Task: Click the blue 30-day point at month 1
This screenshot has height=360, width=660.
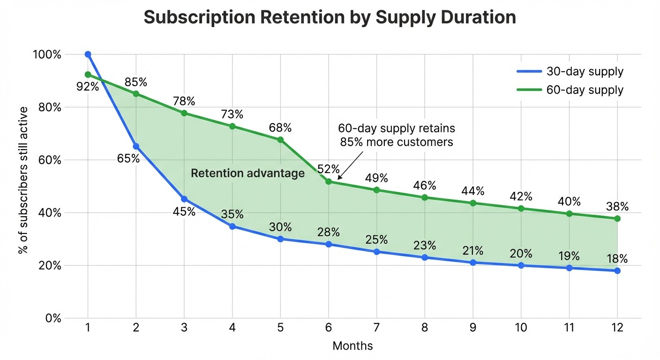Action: coord(88,54)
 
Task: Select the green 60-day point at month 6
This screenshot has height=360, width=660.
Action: coord(328,181)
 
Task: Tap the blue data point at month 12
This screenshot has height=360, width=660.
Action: coord(617,271)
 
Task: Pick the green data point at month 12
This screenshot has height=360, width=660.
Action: coord(617,218)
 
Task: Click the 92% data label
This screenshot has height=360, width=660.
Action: coord(88,86)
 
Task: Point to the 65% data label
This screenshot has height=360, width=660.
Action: coord(128,158)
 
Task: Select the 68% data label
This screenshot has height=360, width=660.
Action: coord(280,127)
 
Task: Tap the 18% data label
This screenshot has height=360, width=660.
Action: coord(617,259)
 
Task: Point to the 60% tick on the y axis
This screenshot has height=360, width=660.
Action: coord(46,160)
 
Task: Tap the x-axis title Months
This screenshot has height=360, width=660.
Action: coord(352,346)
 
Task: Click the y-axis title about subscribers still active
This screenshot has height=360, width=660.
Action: coord(22,180)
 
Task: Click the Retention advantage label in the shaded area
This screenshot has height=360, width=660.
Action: coord(247,173)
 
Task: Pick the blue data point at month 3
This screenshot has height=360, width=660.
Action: coord(184,199)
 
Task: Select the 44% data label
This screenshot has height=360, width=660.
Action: coord(472,191)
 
